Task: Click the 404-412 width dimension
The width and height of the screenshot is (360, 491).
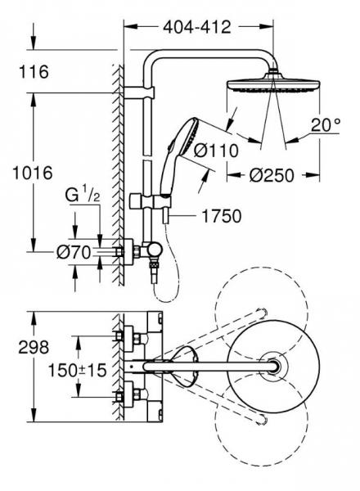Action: pyautogui.click(x=197, y=27)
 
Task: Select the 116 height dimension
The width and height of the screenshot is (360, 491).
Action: pyautogui.click(x=34, y=72)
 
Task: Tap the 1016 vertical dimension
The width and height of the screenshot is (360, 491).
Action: pyautogui.click(x=32, y=173)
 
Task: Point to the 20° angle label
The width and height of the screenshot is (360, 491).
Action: pyautogui.click(x=326, y=125)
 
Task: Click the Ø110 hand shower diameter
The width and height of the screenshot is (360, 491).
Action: pyautogui.click(x=216, y=151)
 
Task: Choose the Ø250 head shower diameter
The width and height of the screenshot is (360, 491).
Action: pyautogui.click(x=272, y=175)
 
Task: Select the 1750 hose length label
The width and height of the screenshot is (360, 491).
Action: pyautogui.click(x=222, y=216)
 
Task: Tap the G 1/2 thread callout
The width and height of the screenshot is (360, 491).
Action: pyautogui.click(x=83, y=196)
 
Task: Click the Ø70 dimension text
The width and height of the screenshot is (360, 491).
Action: pyautogui.click(x=74, y=252)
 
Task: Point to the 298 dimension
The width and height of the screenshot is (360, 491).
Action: pyautogui.click(x=34, y=347)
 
